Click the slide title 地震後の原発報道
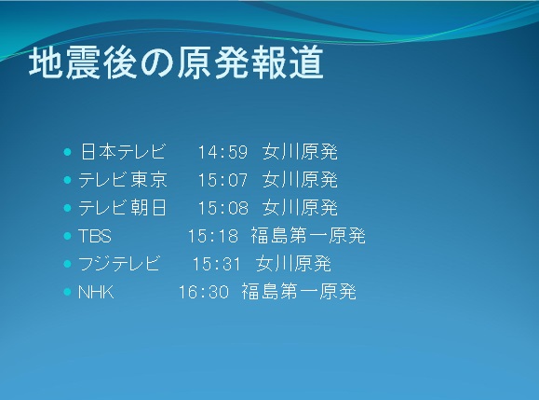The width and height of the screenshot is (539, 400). tap(176, 62)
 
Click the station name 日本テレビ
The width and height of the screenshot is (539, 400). tap(123, 151)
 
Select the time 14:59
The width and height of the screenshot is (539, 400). tap(222, 152)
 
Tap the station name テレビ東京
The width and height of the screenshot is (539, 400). tap(123, 180)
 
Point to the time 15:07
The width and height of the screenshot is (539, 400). tap(222, 180)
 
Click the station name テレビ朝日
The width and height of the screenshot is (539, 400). tap(123, 208)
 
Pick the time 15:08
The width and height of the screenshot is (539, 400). tap(222, 208)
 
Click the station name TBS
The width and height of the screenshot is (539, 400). tap(95, 236)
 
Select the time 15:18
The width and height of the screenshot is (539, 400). tap(213, 236)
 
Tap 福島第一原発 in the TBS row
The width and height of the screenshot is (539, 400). tap(307, 236)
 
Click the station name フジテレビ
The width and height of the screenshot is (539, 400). tap(119, 264)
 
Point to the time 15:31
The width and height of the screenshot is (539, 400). tap(217, 265)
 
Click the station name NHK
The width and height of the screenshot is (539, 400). tap(96, 292)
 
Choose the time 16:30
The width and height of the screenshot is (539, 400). tap(204, 292)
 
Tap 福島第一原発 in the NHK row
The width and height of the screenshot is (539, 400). tap(299, 292)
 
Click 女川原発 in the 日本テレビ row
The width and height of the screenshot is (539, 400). tap(300, 151)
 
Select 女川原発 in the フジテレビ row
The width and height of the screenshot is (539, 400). tap(293, 264)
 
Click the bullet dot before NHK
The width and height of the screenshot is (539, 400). tap(67, 292)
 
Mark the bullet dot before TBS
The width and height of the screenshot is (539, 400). tap(67, 236)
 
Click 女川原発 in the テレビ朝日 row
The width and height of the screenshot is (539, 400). tap(300, 208)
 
